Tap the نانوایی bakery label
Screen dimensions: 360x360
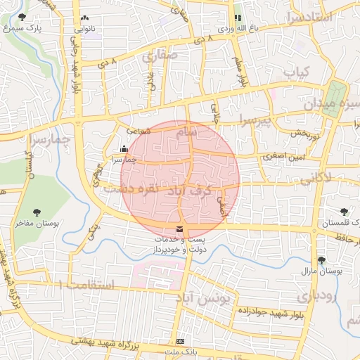pyautogui.click(x=84, y=30)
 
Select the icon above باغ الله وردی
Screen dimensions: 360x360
pyautogui.click(x=237, y=18)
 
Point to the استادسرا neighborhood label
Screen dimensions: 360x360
pyautogui.click(x=307, y=16)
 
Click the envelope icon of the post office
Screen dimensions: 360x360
pyautogui.click(x=180, y=230)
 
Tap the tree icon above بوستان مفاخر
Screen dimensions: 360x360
pyautogui.click(x=37, y=212)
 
